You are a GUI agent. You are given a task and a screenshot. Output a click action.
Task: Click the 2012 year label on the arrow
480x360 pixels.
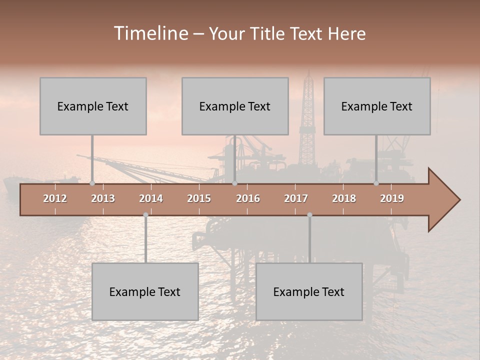[55, 198]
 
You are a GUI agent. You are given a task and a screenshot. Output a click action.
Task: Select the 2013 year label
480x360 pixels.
[103, 198]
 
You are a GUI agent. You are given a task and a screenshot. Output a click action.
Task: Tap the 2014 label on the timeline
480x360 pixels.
[151, 198]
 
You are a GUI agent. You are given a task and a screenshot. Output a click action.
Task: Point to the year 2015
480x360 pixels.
[199, 198]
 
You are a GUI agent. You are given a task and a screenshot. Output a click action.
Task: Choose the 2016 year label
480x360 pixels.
[248, 198]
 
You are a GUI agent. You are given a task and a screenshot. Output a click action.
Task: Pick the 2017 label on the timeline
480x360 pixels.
[296, 198]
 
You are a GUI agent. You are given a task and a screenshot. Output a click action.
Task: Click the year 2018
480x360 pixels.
[344, 198]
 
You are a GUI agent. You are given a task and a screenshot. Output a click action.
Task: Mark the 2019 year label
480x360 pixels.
[392, 198]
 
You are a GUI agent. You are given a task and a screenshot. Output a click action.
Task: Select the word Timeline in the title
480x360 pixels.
[150, 33]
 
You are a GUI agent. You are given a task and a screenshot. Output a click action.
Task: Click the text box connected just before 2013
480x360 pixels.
[93, 106]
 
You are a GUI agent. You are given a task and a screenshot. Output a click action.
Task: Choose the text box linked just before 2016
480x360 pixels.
[235, 106]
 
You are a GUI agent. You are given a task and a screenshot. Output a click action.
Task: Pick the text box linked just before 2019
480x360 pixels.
[377, 106]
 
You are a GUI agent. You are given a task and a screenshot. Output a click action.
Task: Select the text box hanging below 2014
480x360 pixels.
[145, 291]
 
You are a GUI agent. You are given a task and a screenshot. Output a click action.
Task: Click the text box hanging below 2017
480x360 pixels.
[309, 291]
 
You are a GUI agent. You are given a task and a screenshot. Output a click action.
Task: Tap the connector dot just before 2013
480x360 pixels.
[92, 183]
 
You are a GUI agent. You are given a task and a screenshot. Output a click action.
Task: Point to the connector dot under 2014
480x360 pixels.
[145, 215]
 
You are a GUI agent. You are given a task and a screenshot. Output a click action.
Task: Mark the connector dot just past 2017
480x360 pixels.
[309, 215]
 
